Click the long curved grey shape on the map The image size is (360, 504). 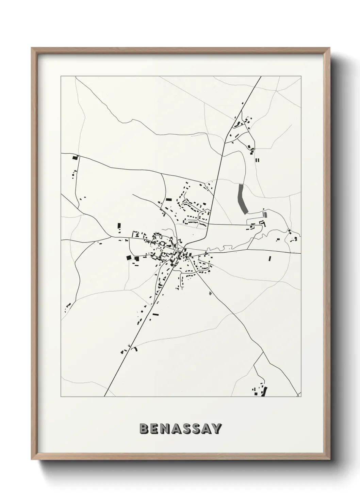243,199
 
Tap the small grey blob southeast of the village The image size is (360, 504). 210,293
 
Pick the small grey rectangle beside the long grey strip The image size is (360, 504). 265,215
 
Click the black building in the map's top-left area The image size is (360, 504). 75,158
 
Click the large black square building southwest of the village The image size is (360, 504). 129,258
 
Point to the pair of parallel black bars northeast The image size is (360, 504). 257,160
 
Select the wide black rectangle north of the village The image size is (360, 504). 169,200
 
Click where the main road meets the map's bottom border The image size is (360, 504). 104,396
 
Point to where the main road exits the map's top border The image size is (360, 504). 261,76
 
